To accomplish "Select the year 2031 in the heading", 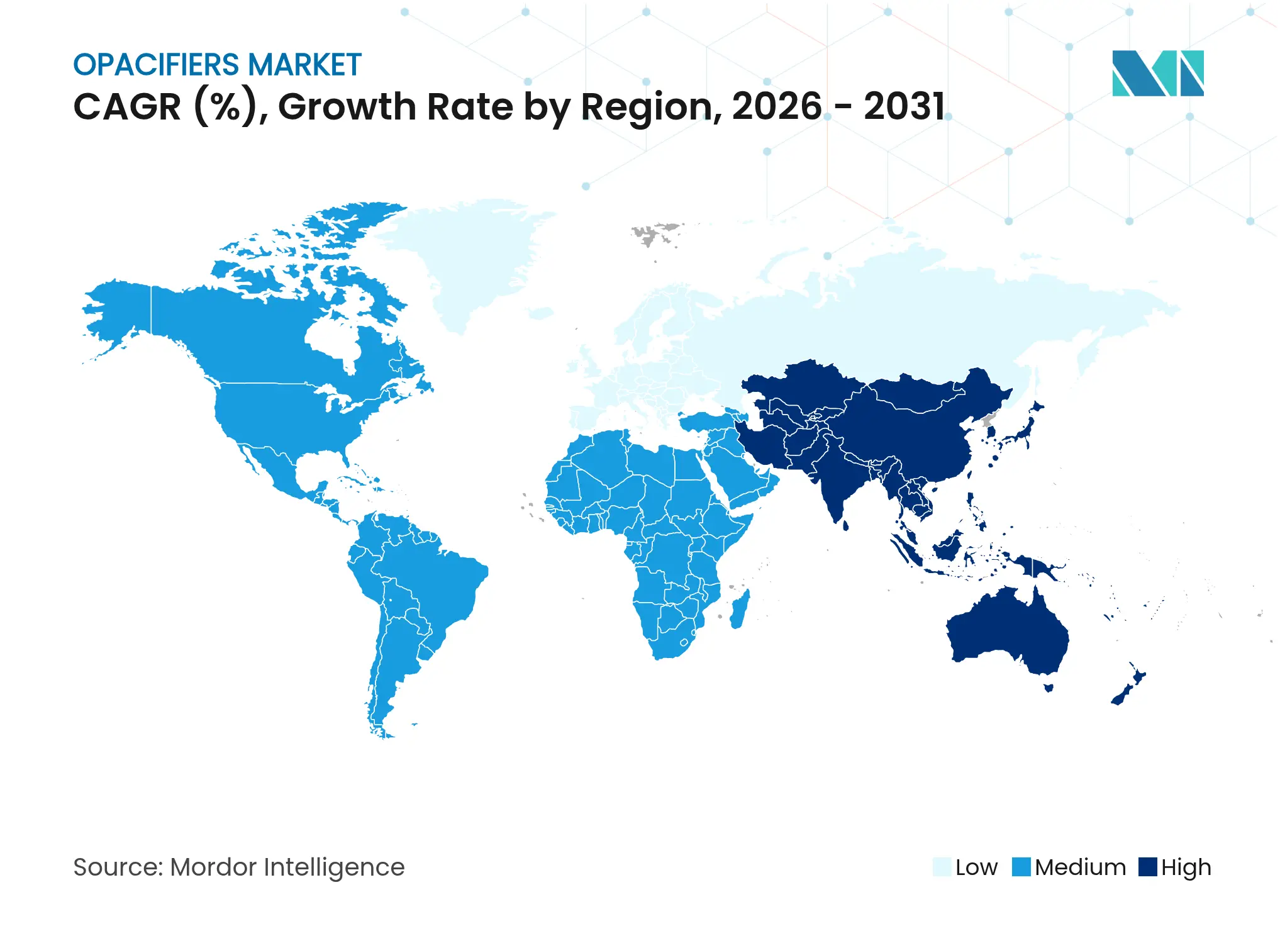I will [904, 106].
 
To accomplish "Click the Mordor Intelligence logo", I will [1157, 73].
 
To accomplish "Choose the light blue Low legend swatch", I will [942, 867].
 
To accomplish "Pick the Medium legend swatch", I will [1021, 867].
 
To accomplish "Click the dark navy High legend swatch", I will [1148, 867].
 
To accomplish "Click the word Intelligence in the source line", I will [333, 868].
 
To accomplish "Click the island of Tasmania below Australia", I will [1049, 688].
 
